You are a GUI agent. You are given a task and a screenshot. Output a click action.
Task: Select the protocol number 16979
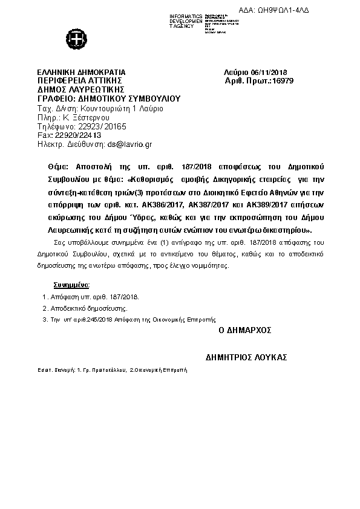click(283, 80)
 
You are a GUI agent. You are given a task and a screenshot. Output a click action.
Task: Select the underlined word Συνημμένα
click(71, 284)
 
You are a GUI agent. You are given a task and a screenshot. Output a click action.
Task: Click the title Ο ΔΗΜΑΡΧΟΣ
click(245, 331)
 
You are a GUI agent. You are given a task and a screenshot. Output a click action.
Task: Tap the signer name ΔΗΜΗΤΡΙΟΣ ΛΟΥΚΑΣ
click(246, 357)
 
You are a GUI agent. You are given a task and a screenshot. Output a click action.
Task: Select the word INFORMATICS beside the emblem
click(186, 15)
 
